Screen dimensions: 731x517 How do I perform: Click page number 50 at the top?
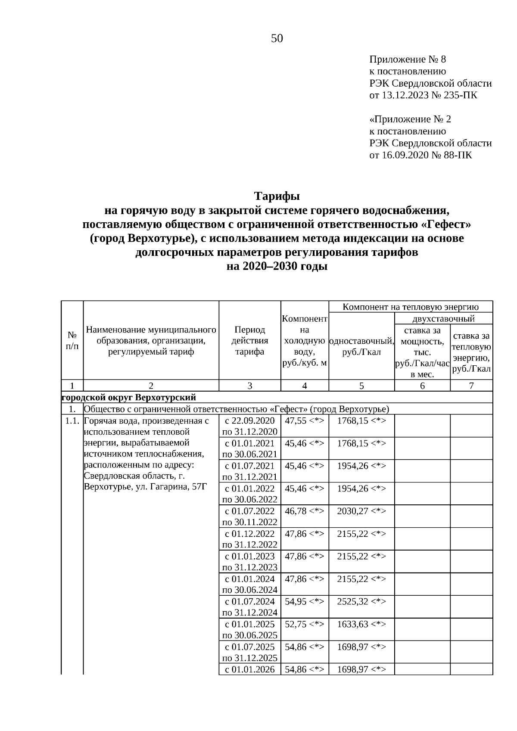277,39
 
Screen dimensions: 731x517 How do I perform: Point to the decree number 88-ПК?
457,155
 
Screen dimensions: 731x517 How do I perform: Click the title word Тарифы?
277,196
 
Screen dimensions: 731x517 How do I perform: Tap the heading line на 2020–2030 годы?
277,267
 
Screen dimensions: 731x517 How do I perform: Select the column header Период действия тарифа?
249,340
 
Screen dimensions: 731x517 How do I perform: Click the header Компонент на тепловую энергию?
411,307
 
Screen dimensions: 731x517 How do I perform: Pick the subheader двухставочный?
443,319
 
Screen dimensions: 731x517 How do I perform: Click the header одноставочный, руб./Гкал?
361,347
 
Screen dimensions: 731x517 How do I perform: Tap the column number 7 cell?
471,386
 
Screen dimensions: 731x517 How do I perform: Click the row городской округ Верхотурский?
129,397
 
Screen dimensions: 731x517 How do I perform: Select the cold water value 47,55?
295,421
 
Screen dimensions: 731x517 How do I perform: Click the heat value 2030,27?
352,511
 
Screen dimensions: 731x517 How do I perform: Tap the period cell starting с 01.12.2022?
249,539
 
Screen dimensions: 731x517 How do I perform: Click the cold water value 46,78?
295,511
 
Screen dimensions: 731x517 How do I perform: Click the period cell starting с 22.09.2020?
249,426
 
